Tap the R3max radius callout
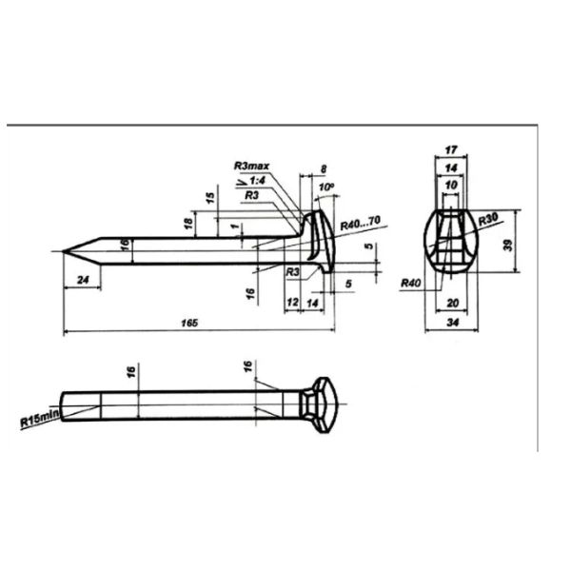(251, 166)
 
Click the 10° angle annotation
(326, 187)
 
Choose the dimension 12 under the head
(292, 302)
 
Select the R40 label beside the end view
(411, 283)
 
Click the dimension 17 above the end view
(451, 149)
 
